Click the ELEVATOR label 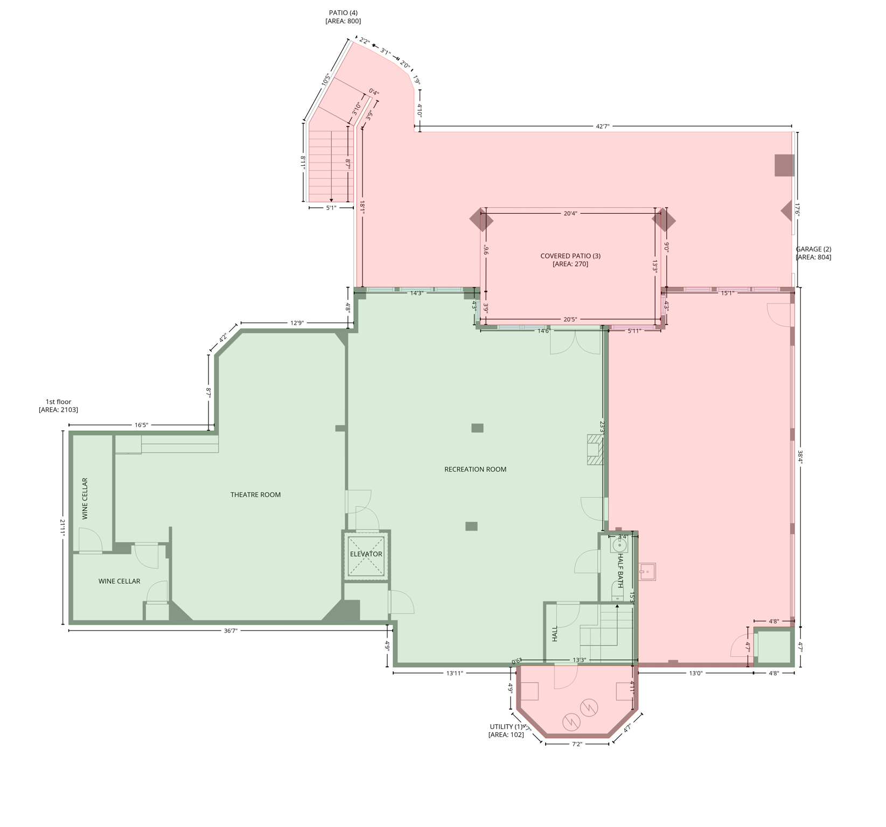click(x=366, y=554)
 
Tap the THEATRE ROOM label click(x=255, y=495)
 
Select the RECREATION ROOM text click(x=475, y=469)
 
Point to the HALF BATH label click(x=620, y=571)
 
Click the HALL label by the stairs click(x=555, y=634)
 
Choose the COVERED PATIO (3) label click(x=570, y=256)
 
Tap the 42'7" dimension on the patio click(x=602, y=127)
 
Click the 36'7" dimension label click(x=231, y=630)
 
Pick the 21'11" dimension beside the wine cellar click(x=63, y=528)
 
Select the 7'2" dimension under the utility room click(x=577, y=744)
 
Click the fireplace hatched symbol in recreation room click(x=595, y=450)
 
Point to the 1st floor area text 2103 click(x=58, y=410)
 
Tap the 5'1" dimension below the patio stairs click(x=331, y=208)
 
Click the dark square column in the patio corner click(x=784, y=165)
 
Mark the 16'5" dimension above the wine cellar click(x=141, y=425)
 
